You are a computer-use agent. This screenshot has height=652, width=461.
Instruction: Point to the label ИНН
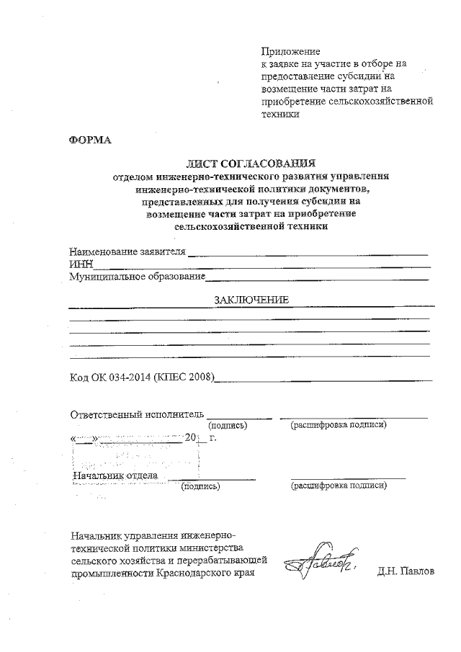[81, 264]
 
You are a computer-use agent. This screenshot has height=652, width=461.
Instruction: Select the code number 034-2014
[127, 376]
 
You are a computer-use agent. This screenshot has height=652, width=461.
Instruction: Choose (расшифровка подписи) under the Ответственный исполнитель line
[338, 425]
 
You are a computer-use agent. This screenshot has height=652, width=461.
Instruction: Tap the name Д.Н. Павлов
[406, 573]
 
